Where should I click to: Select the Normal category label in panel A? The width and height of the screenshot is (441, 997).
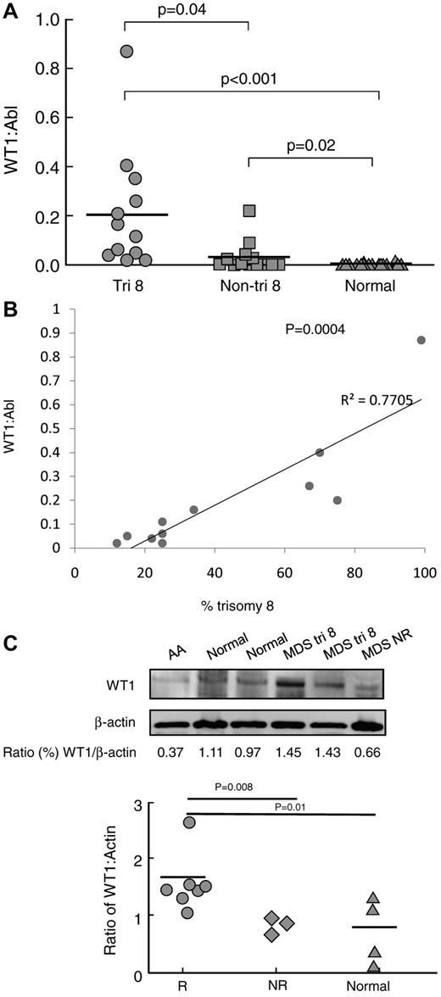(x=370, y=286)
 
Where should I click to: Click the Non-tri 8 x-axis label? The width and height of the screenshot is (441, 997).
(x=248, y=286)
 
